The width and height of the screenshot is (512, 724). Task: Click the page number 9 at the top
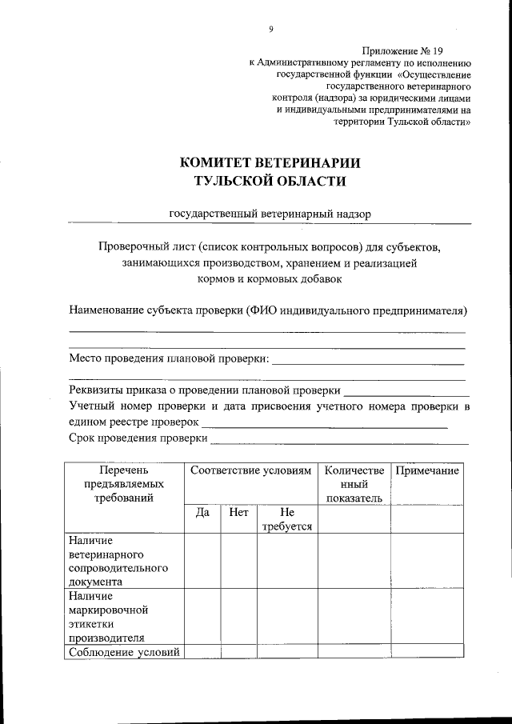(x=270, y=30)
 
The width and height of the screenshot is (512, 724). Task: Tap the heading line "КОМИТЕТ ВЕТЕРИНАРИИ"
(x=270, y=162)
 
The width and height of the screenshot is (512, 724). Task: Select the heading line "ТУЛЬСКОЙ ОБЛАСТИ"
(x=270, y=182)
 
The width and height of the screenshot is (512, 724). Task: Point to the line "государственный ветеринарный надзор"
(x=270, y=214)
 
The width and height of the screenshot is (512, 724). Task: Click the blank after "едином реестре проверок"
(x=324, y=425)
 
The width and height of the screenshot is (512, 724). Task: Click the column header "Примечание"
(x=427, y=471)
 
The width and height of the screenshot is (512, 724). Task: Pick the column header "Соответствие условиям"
(x=250, y=471)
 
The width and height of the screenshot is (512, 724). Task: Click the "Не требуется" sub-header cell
(x=286, y=519)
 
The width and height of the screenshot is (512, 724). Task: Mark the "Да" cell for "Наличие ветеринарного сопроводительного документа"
(x=202, y=561)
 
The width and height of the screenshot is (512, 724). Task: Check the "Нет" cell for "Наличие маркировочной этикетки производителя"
(x=238, y=616)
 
